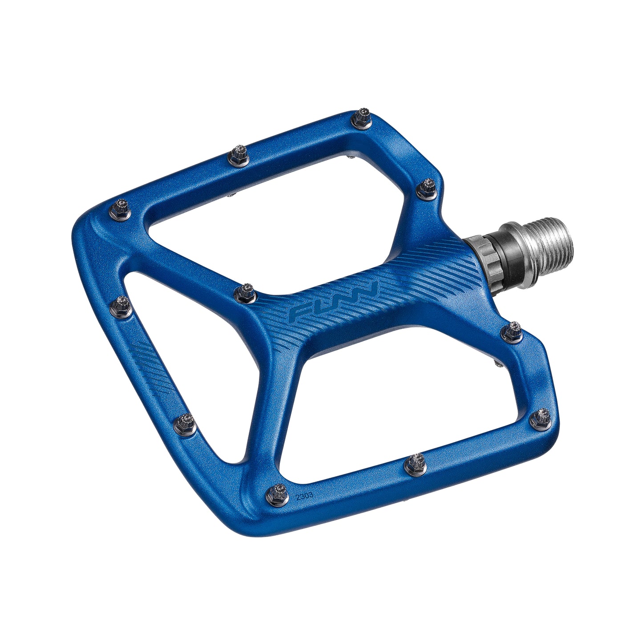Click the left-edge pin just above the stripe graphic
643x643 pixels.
[x=120, y=306]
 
